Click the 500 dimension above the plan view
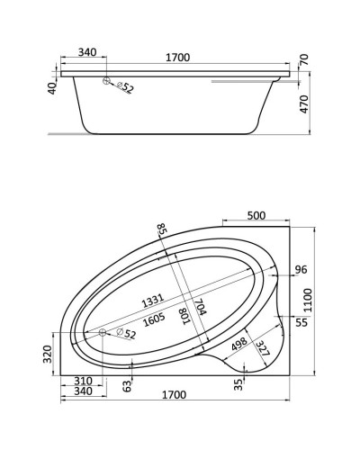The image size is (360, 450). [256, 216]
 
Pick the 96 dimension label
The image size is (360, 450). [301, 269]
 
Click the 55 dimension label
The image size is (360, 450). [301, 321]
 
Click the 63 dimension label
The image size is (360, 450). [128, 386]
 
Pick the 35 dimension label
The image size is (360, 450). [238, 386]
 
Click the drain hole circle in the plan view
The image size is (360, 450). [103, 332]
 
